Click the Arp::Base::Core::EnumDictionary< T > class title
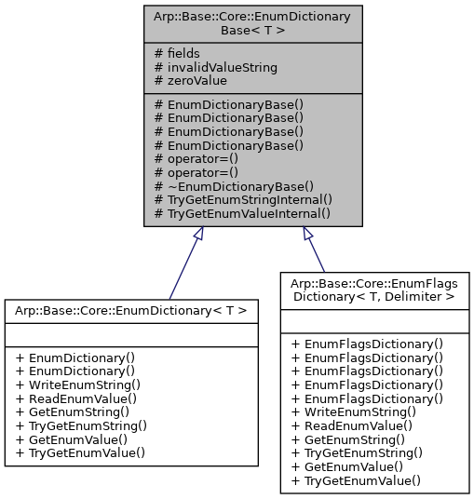point(131,309)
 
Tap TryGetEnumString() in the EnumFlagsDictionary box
point(357,452)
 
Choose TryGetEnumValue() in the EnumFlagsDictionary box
point(356,480)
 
